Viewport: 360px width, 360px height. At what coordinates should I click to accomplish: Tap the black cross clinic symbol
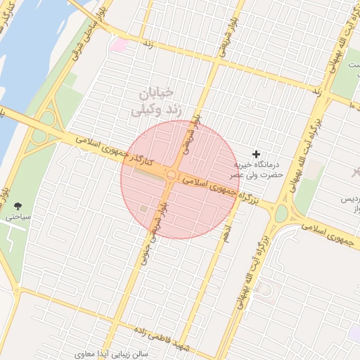pyautogui.click(x=256, y=153)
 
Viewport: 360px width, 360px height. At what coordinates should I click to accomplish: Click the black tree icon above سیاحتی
pyautogui.click(x=18, y=206)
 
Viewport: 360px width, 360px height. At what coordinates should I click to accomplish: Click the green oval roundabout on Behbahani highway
pyautogui.click(x=282, y=213)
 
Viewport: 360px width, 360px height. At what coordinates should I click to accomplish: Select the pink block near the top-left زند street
pyautogui.click(x=118, y=44)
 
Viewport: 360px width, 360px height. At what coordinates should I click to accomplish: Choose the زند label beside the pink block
pyautogui.click(x=148, y=44)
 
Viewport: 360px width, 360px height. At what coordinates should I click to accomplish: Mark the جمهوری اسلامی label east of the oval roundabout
pyautogui.click(x=331, y=235)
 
